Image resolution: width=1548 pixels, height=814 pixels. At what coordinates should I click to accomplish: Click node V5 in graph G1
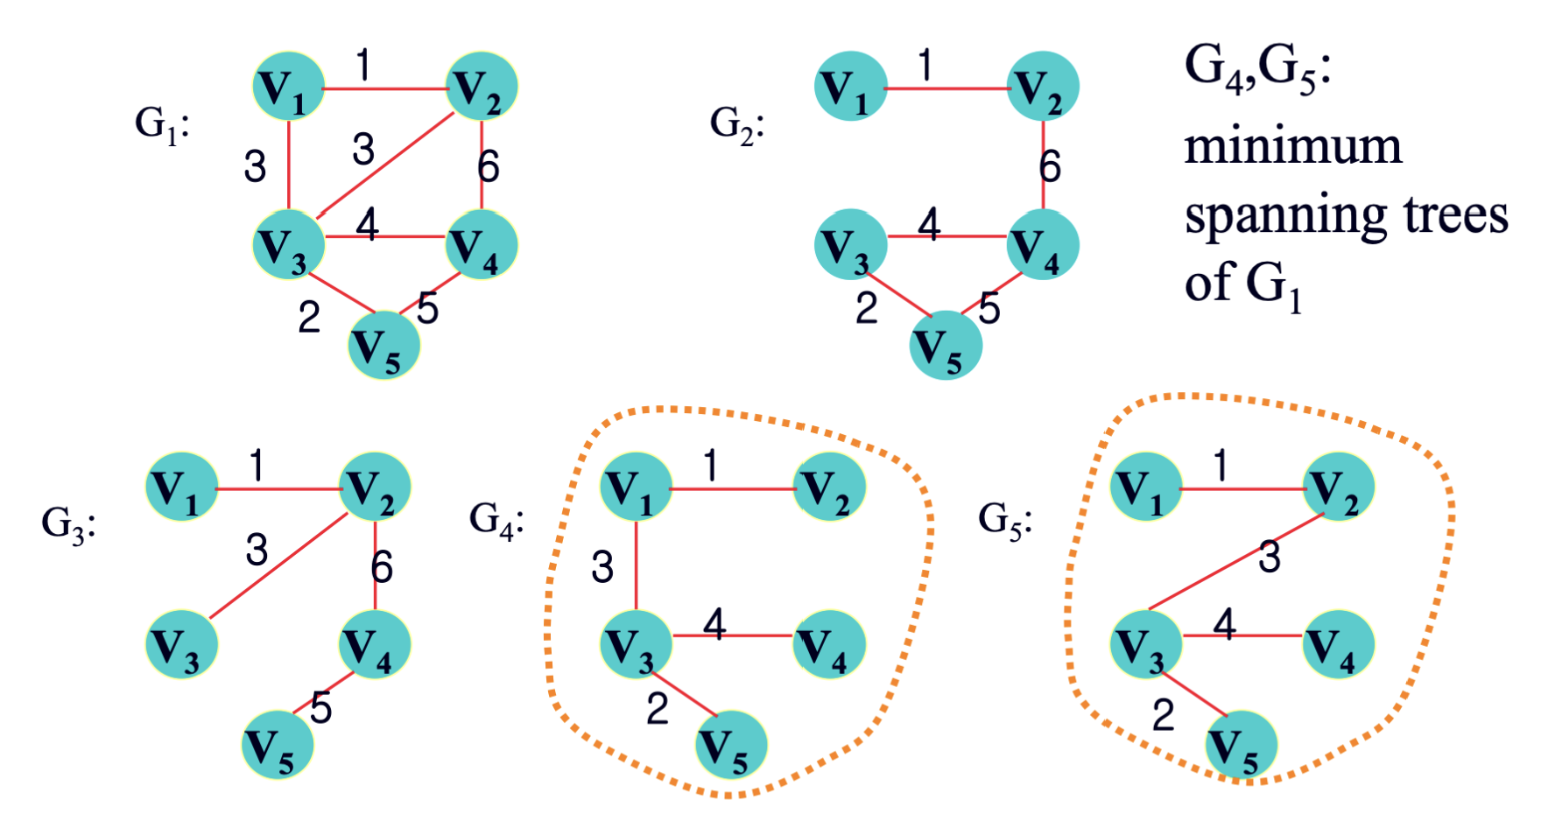coord(384,346)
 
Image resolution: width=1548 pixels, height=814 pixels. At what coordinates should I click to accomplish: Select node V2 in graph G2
coord(1043,87)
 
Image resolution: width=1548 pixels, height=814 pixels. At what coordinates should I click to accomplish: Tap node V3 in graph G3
coord(181,645)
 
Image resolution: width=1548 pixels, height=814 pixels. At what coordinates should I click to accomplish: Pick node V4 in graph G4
coord(829,645)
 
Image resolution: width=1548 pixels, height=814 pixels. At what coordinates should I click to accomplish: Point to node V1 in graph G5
coord(1145,488)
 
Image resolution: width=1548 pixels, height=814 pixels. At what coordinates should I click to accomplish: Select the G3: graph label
coord(68,523)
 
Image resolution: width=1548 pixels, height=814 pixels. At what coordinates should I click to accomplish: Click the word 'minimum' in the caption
coord(1292,146)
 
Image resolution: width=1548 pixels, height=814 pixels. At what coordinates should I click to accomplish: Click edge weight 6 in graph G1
coord(489,166)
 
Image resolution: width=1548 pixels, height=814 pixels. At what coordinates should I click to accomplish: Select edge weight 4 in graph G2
coord(929,224)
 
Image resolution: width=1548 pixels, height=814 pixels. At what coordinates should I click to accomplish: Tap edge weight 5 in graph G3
coord(321,707)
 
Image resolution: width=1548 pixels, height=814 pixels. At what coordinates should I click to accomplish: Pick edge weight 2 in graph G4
coord(658,708)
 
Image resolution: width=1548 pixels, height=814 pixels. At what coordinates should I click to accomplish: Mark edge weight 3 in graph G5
coord(1269,557)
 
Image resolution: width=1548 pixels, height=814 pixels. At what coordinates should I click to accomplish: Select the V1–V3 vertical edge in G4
coord(637,565)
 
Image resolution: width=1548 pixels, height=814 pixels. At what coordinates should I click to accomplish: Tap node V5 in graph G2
coord(946,346)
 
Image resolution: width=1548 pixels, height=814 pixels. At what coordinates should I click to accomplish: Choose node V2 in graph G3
coord(375,488)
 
